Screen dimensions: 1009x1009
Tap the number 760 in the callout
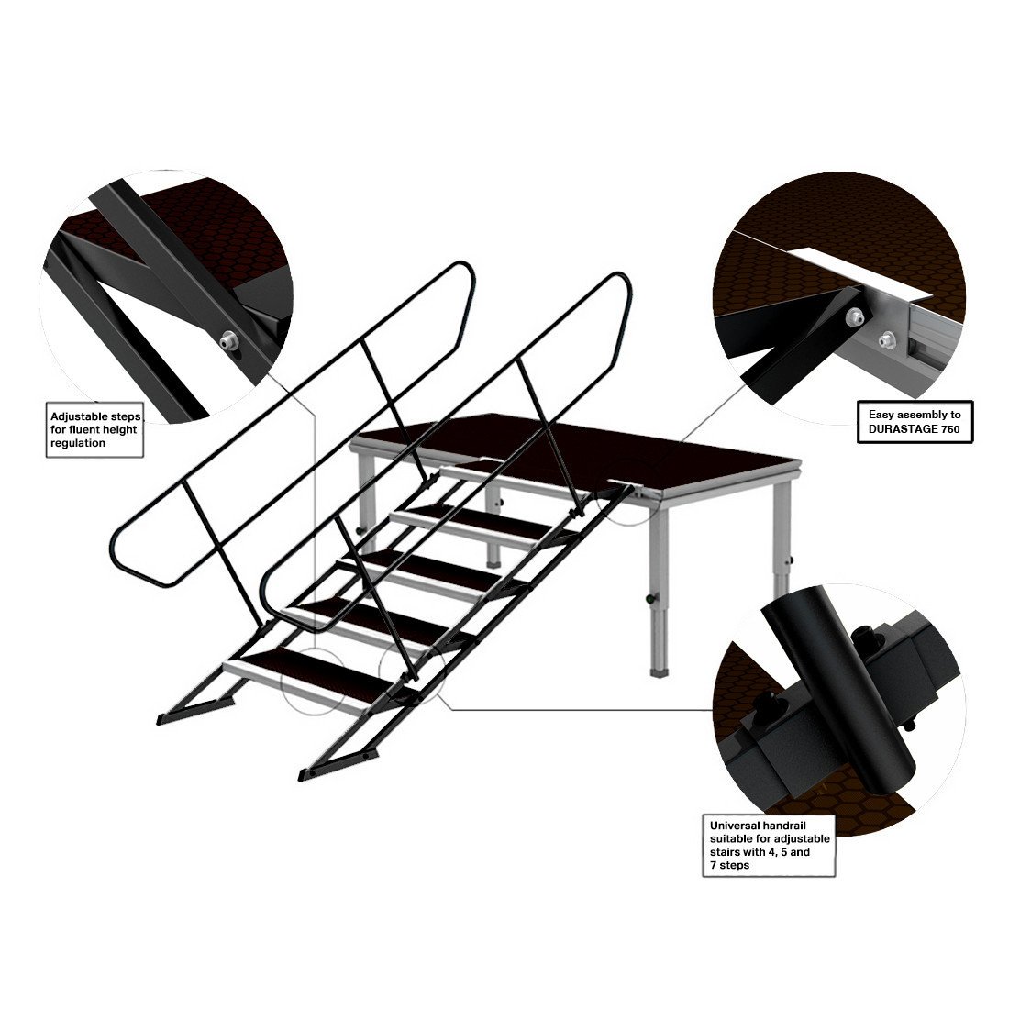point(950,429)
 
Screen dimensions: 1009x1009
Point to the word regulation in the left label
point(78,443)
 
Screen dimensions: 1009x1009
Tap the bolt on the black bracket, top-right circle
point(854,316)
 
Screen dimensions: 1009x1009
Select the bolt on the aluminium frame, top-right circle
point(888,338)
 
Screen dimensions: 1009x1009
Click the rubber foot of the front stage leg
point(659,672)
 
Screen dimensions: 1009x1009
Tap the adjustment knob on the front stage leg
point(650,598)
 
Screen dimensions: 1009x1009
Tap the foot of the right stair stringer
point(335,766)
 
